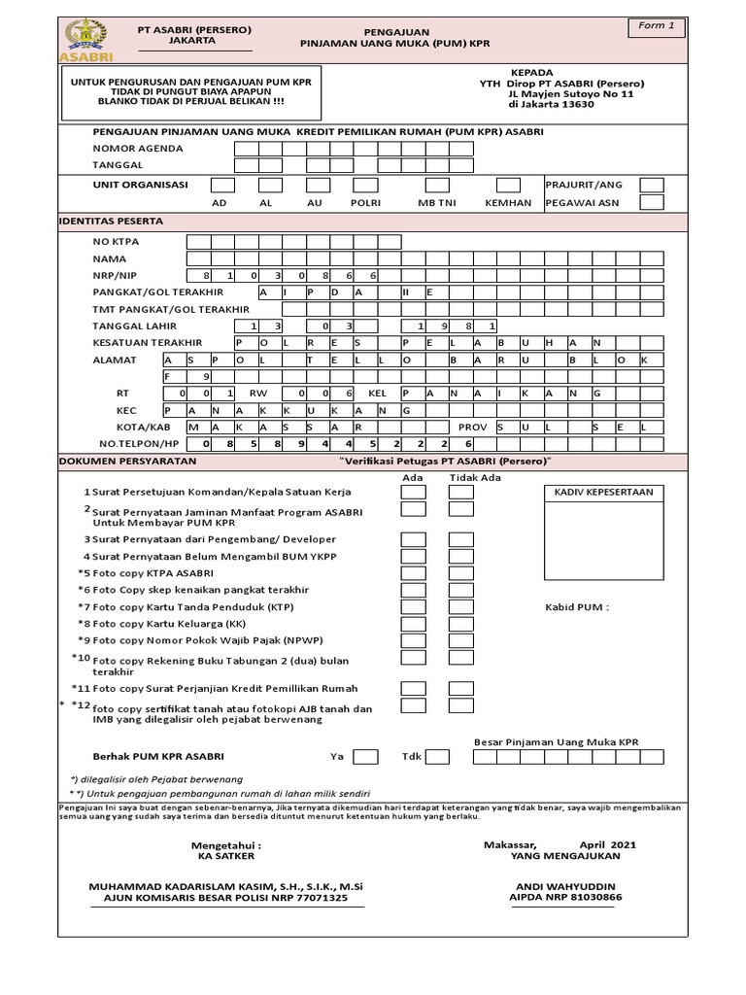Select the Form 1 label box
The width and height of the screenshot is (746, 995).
657,26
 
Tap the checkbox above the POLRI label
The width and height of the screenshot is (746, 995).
365,185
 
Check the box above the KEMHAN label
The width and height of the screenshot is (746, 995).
508,185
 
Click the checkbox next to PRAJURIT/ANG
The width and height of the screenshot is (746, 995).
652,185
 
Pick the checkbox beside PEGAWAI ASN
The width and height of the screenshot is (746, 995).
652,203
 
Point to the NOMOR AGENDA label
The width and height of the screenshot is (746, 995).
138,149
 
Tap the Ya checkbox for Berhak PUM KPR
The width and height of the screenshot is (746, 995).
365,756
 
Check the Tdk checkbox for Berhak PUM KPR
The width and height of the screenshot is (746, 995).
437,756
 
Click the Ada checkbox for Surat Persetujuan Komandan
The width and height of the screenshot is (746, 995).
414,492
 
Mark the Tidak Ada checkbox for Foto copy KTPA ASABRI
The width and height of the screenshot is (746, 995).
460,573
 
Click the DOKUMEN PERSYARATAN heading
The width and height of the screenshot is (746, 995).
128,461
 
